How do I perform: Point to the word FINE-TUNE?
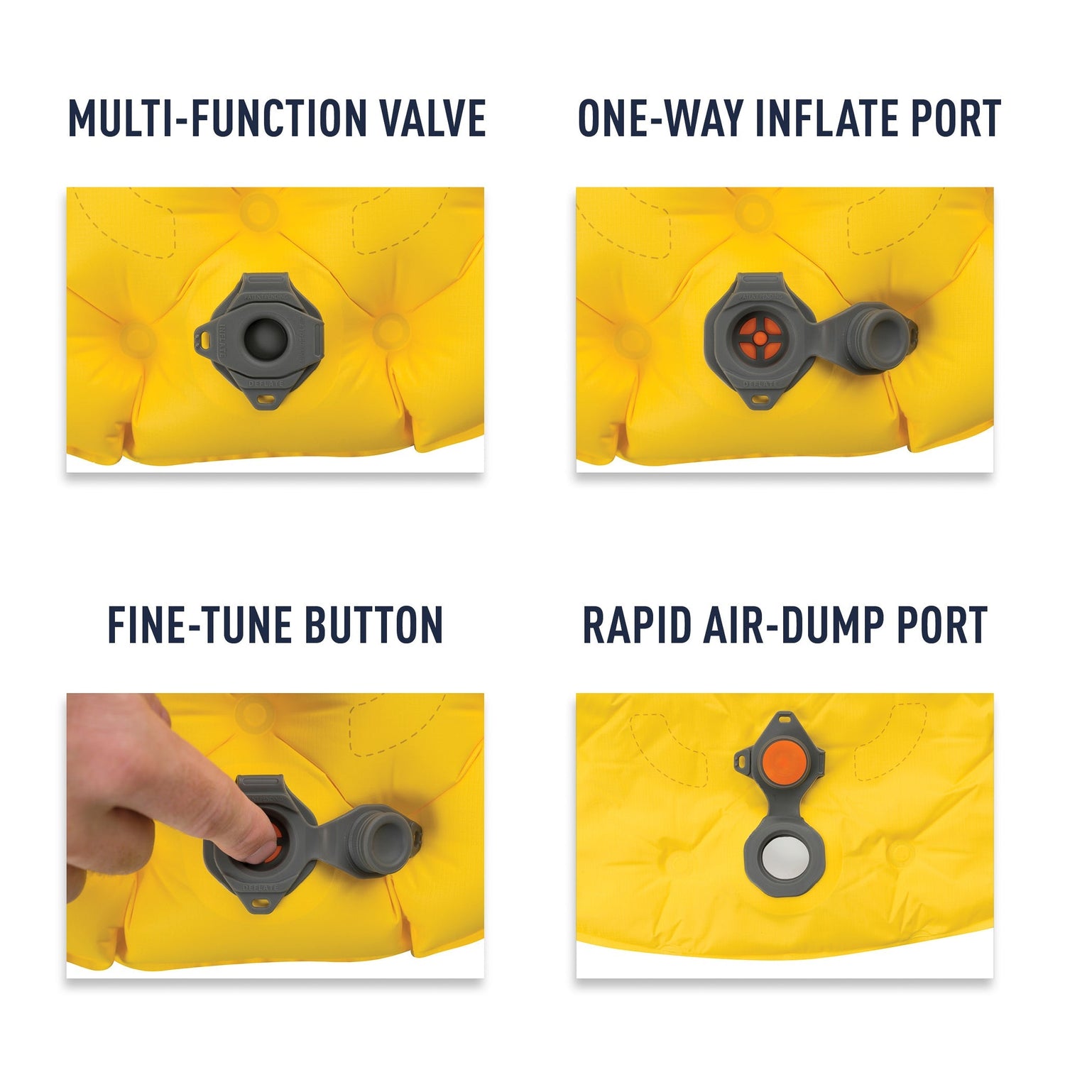[x=200, y=626]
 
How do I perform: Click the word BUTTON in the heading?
[x=373, y=626]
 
